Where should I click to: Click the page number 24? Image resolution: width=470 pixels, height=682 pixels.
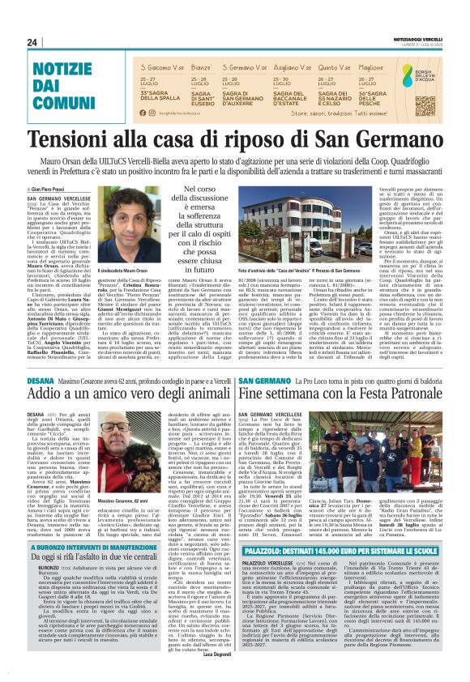tap(32, 42)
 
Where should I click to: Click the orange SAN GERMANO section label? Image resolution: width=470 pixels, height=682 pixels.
tap(258, 356)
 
